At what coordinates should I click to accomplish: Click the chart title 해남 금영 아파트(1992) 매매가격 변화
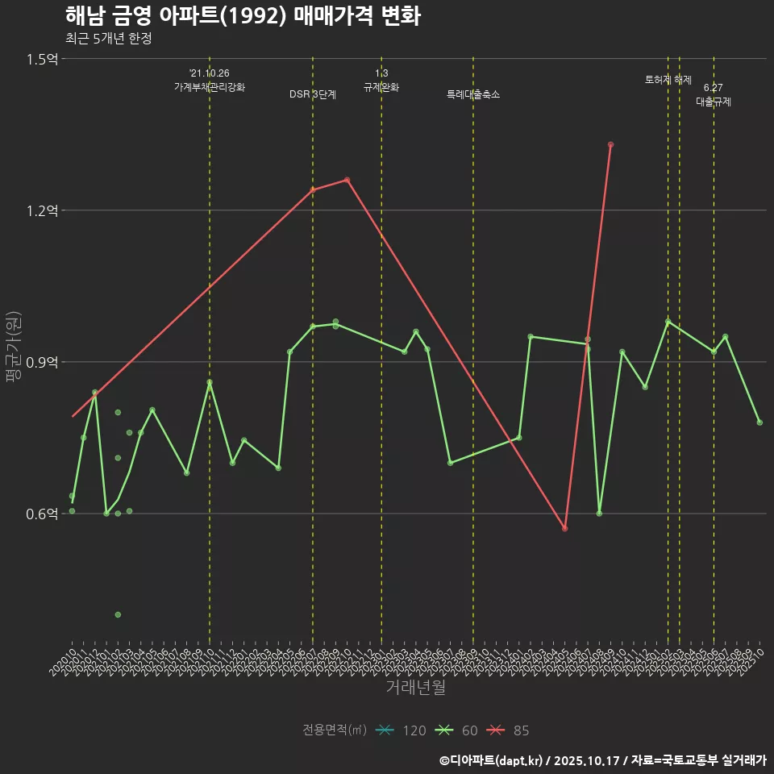(242, 16)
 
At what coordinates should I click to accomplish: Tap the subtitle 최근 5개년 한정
(109, 39)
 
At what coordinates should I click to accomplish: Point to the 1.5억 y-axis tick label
(42, 59)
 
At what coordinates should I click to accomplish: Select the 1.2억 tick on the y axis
(42, 210)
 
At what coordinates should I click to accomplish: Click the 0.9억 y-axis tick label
(42, 362)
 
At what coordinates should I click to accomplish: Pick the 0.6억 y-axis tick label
(42, 514)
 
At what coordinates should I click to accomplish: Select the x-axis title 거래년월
(415, 688)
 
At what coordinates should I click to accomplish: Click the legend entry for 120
(401, 730)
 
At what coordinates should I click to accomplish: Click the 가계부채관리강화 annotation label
(210, 87)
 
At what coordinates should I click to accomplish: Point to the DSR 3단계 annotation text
(313, 94)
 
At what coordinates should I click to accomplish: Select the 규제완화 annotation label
(381, 87)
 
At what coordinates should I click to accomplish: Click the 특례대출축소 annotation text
(473, 94)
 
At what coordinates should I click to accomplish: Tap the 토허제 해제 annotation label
(668, 80)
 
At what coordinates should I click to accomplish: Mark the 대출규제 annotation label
(714, 102)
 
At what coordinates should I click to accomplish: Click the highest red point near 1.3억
(611, 144)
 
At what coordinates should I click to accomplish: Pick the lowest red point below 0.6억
(565, 528)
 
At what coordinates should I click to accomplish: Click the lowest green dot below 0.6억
(118, 614)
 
